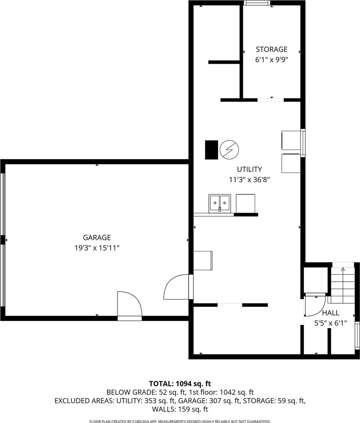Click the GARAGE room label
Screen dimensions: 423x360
coord(96,238)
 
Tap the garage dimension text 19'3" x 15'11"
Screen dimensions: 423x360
coord(97,248)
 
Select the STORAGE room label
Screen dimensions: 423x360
coord(271,49)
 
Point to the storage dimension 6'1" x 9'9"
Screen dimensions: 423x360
coord(272,60)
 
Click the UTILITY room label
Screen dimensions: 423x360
coord(249,169)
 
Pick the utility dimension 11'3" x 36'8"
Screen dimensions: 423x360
coord(249,179)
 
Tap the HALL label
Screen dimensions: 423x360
coord(330,313)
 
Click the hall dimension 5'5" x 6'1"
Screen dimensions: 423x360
coord(330,323)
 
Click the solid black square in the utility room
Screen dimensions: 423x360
coord(211,150)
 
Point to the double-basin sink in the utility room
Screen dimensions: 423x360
coord(220,204)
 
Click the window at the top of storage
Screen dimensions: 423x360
coord(257,3)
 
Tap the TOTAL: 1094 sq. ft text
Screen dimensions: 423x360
coord(180,384)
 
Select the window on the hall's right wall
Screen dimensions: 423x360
coord(357,335)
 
